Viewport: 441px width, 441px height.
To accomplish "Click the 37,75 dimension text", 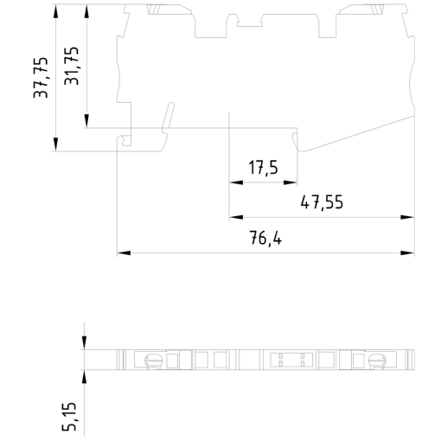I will [x=41, y=77].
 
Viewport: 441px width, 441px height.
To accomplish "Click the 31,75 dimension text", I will [x=73, y=65].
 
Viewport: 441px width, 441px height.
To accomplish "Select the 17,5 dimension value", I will [x=263, y=168].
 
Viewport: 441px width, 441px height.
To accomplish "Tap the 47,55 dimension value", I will [x=322, y=203].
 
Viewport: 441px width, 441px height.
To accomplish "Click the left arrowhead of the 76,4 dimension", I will [x=123, y=253].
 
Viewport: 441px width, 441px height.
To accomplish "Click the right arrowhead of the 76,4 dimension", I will [x=408, y=253].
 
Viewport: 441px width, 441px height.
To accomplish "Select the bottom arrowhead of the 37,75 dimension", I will [x=55, y=144].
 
